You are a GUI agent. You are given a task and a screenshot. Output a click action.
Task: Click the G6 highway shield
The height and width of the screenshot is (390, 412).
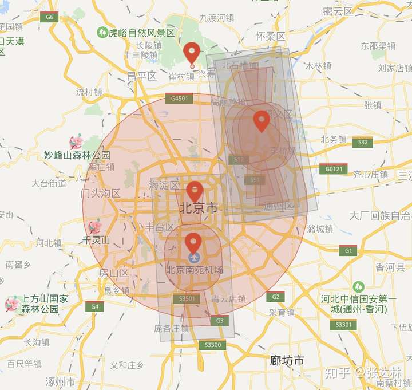click(49, 17)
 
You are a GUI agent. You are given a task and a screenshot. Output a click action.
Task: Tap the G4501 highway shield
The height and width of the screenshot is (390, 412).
click(179, 99)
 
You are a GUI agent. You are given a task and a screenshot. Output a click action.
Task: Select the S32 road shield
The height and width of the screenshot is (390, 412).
click(362, 142)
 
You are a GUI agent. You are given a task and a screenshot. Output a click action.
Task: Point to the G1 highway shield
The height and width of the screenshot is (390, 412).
click(347, 250)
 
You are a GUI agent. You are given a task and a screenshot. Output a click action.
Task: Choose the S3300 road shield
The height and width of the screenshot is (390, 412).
click(212, 345)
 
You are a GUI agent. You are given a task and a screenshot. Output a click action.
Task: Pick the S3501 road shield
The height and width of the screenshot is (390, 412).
click(187, 298)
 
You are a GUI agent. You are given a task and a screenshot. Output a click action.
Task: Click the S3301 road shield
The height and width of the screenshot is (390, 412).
click(344, 325)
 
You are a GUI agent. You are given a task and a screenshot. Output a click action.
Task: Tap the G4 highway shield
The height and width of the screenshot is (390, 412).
click(94, 306)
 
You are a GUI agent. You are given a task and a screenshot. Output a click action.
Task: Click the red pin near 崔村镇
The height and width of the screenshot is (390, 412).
click(192, 53)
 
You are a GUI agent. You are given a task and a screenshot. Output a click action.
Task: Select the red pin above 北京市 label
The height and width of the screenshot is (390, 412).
click(195, 192)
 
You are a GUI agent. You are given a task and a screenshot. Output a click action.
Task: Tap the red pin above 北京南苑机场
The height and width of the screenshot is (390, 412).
click(193, 243)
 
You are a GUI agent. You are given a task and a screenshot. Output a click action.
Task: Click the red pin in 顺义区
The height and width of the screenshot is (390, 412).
click(262, 121)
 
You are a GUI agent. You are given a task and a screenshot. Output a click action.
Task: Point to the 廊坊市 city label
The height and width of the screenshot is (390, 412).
click(287, 360)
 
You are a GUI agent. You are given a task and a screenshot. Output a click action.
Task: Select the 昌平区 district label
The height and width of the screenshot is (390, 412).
click(142, 76)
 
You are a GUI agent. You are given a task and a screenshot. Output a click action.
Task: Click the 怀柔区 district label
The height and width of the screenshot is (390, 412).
click(270, 36)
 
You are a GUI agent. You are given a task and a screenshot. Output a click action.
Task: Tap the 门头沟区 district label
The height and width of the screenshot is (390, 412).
click(101, 193)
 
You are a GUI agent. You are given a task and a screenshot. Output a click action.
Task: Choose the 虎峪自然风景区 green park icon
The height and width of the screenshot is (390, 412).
click(103, 33)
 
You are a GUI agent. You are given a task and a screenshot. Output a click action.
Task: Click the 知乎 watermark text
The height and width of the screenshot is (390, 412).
click(338, 373)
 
